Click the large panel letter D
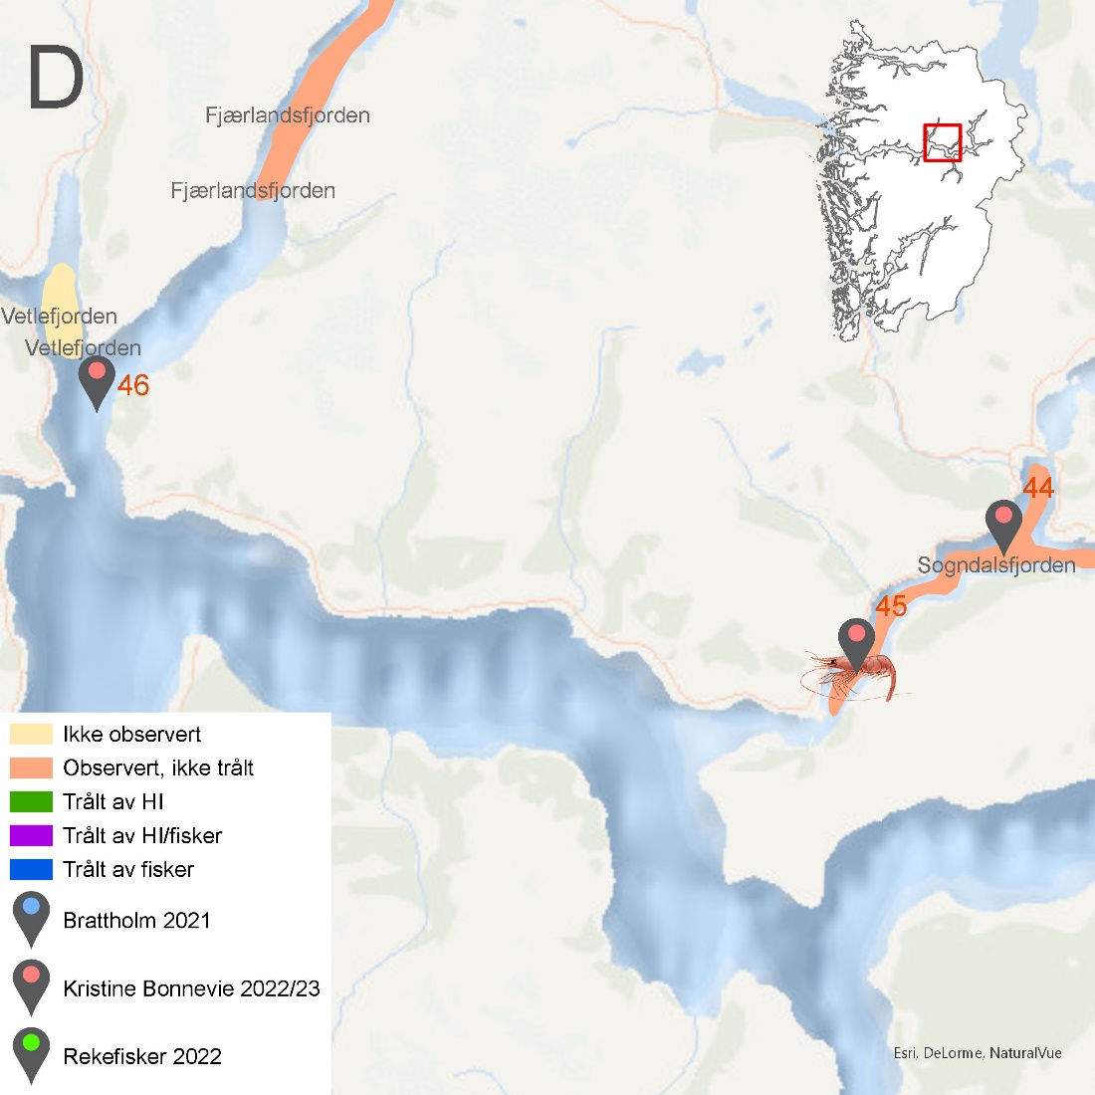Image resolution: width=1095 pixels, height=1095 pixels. click(x=56, y=79)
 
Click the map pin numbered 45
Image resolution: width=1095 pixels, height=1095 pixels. click(x=857, y=641)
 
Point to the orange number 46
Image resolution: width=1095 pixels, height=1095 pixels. click(x=133, y=385)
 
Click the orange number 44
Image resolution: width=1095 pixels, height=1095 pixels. click(x=1038, y=488)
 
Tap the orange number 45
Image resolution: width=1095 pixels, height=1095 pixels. click(x=891, y=606)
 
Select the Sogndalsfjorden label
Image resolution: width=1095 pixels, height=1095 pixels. click(x=996, y=565)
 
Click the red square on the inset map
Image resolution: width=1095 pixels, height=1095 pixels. click(x=942, y=142)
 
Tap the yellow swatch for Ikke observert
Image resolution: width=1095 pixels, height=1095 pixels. click(x=31, y=735)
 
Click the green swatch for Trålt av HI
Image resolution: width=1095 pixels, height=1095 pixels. click(x=31, y=801)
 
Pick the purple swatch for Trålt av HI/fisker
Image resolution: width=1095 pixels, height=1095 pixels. click(x=31, y=835)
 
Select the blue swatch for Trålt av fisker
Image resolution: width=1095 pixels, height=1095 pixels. click(x=31, y=869)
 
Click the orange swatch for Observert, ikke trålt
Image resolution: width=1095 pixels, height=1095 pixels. click(x=31, y=767)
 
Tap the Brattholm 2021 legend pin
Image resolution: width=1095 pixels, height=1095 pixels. click(x=31, y=916)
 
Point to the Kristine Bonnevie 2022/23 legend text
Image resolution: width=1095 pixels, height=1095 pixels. click(x=191, y=988)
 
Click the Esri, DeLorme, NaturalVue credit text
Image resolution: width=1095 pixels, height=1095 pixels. click(x=978, y=1052)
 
